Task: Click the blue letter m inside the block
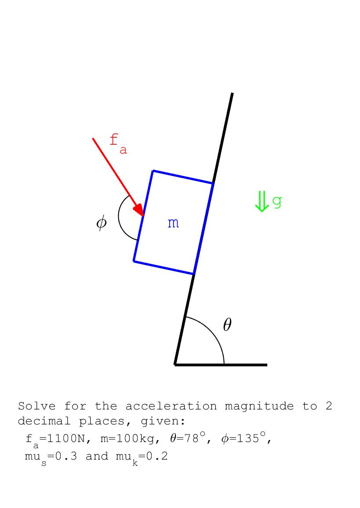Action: [x=173, y=223]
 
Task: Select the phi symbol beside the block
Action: [x=101, y=222]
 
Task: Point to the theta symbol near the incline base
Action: [x=227, y=325]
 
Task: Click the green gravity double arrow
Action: [x=262, y=201]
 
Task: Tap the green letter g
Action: [x=277, y=201]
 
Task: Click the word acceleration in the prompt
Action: [x=171, y=406]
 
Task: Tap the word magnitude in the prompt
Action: [x=259, y=406]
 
